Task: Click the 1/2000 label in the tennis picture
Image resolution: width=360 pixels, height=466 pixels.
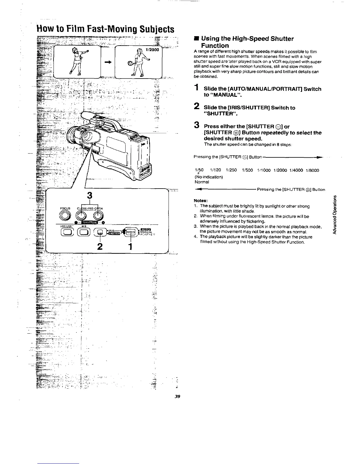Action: [152, 50]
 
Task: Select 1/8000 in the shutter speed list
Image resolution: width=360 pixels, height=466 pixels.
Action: [312, 170]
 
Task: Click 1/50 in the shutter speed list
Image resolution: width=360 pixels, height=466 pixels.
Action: [199, 170]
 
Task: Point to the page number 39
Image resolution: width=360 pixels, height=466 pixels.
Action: [177, 396]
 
